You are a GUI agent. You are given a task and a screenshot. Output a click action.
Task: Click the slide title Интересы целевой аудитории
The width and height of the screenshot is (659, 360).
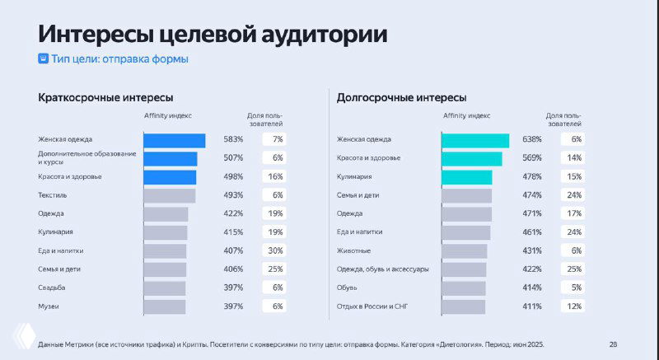213,35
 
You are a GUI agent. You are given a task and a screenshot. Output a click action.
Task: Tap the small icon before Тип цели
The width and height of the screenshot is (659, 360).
44,59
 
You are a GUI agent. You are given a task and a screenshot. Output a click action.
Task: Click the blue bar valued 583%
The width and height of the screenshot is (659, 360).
174,140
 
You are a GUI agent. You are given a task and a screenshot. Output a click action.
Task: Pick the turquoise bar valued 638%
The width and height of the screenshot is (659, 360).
474,140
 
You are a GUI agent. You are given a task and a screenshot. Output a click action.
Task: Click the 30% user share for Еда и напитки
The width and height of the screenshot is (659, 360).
275,250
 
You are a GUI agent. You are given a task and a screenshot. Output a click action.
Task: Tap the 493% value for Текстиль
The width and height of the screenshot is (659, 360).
233,195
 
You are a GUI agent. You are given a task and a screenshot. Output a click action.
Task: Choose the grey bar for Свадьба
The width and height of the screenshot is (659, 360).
164,288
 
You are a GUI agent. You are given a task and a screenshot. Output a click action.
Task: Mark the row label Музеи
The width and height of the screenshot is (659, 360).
49,306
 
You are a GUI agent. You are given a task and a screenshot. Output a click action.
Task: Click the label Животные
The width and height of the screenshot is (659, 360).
353,250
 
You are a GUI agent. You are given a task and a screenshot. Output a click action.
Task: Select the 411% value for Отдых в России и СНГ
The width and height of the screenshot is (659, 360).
531,306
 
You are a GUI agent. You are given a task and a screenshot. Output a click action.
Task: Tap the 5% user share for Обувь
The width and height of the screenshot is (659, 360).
575,288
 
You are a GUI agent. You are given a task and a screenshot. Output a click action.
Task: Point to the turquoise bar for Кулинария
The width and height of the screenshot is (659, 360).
466,177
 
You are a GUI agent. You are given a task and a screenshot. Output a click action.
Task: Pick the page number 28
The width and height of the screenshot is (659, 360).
613,344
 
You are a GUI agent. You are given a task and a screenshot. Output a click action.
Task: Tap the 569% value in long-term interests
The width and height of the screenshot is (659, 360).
531,158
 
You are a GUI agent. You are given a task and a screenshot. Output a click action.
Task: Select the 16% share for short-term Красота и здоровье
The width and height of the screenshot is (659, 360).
275,177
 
